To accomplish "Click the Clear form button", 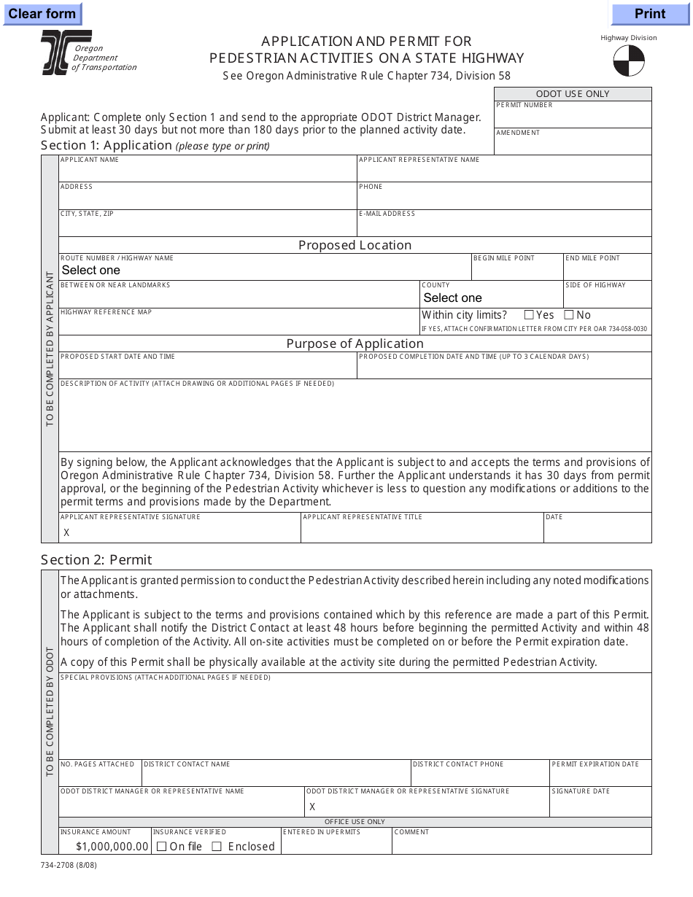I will pyautogui.click(x=42, y=14).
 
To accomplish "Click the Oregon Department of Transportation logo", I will pyautogui.click(x=66, y=53).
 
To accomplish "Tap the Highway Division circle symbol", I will pyautogui.click(x=629, y=61).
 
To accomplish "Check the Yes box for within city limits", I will pyautogui.click(x=529, y=315).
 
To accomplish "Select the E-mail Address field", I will pyautogui.click(x=504, y=227).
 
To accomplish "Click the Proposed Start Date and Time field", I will pyautogui.click(x=208, y=369).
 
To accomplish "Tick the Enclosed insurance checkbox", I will pyautogui.click(x=217, y=847).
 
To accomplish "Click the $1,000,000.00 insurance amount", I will pyautogui.click(x=112, y=847).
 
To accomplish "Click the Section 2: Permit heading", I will pyautogui.click(x=96, y=559).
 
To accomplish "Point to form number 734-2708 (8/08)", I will pyautogui.click(x=69, y=866).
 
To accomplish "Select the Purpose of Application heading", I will pyautogui.click(x=355, y=343).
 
